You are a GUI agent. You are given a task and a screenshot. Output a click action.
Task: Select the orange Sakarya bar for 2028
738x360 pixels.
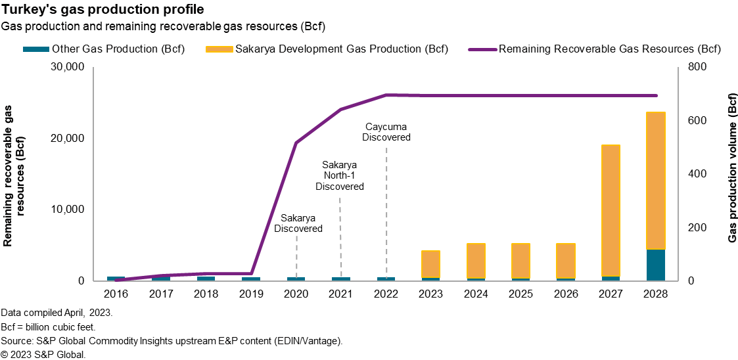point(655,181)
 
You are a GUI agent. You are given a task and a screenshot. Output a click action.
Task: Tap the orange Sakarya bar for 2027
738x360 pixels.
point(611,210)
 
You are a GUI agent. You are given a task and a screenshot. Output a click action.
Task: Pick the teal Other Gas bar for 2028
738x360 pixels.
point(655,265)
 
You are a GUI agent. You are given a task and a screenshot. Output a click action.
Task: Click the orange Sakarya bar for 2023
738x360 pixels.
point(430,264)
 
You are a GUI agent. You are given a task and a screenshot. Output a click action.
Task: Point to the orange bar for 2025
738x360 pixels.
point(520,261)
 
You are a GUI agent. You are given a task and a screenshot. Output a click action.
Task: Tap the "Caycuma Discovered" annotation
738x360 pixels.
point(386,132)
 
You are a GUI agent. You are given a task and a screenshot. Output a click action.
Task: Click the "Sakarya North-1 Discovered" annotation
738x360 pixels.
point(340,175)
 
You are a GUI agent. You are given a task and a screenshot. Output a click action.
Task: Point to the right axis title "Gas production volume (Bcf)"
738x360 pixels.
point(731,168)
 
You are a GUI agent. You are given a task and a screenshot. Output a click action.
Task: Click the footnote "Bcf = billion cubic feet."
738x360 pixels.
point(49,326)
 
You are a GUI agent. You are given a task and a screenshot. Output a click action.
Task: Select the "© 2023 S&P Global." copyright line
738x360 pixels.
point(43,355)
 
